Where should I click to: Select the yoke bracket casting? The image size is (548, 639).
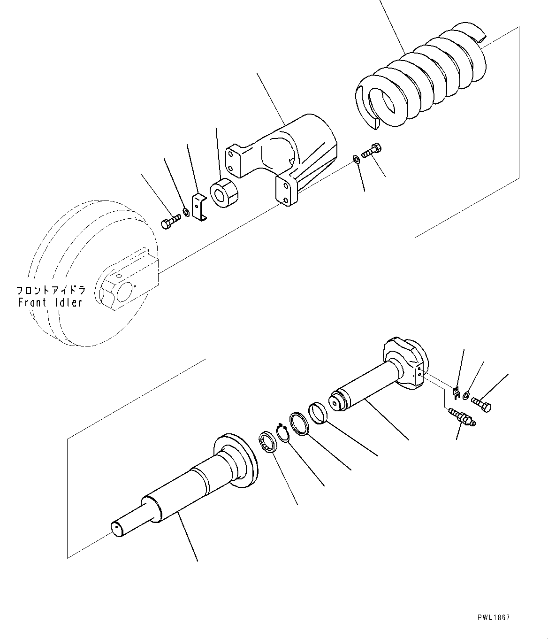[282, 159]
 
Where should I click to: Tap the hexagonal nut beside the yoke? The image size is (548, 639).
[224, 193]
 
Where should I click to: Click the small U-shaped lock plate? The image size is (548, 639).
[199, 207]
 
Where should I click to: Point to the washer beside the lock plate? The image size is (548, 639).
[186, 212]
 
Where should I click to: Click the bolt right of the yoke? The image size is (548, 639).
[372, 151]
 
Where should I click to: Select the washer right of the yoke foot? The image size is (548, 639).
[356, 160]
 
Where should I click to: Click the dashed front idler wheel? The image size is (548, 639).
[94, 273]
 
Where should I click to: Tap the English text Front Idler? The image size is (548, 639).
[50, 302]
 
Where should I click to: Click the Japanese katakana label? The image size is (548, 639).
[51, 290]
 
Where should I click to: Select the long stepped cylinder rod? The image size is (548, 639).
[184, 485]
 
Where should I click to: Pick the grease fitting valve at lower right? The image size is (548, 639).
[462, 417]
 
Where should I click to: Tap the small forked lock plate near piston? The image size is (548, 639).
[457, 393]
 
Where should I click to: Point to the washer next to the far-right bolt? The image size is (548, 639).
[466, 395]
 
